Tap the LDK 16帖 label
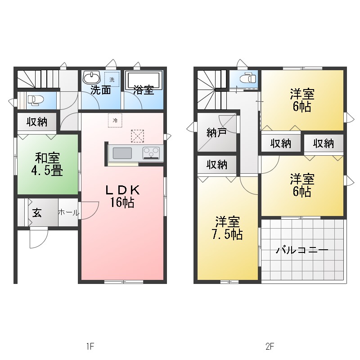pyautogui.click(x=122, y=196)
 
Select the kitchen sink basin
pyautogui.click(x=122, y=153)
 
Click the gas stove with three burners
pyautogui.click(x=152, y=153)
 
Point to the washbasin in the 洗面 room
pyautogui.click(x=91, y=76)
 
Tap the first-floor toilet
pyautogui.click(x=34, y=99)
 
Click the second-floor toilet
pyautogui.click(x=246, y=78)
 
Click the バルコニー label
pyautogui.click(x=302, y=250)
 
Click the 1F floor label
pyautogui.click(x=90, y=346)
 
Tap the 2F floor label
pyautogui.click(x=270, y=346)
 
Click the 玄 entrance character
pyautogui.click(x=37, y=212)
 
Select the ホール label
pyautogui.click(x=68, y=212)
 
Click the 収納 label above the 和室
pyautogui.click(x=37, y=121)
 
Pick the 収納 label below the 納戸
pyautogui.click(x=216, y=165)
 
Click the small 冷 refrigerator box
pyautogui.click(x=115, y=120)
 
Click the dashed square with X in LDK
pyautogui.click(x=138, y=135)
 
